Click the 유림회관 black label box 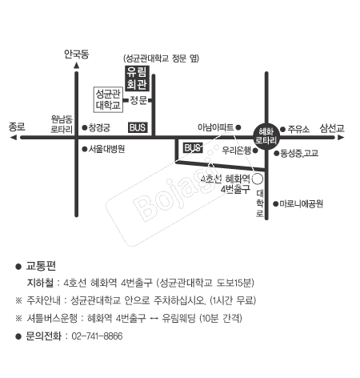(x=137, y=78)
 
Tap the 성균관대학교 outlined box (x=108, y=99)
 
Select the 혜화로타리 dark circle (x=266, y=136)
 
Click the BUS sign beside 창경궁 (x=138, y=127)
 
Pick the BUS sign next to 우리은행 (x=193, y=148)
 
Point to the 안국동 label (x=76, y=54)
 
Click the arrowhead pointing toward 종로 (x=14, y=138)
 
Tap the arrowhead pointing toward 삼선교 (x=341, y=138)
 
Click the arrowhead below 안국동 (x=77, y=66)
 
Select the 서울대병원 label (x=106, y=149)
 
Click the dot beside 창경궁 (x=85, y=127)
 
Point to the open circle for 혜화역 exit (x=258, y=179)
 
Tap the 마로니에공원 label (x=301, y=204)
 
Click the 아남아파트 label (x=215, y=127)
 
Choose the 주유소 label (x=298, y=130)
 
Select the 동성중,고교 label (x=299, y=153)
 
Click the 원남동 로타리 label (x=62, y=124)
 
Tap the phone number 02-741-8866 (x=97, y=336)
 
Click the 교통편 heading (x=41, y=266)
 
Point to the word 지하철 (x=40, y=283)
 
